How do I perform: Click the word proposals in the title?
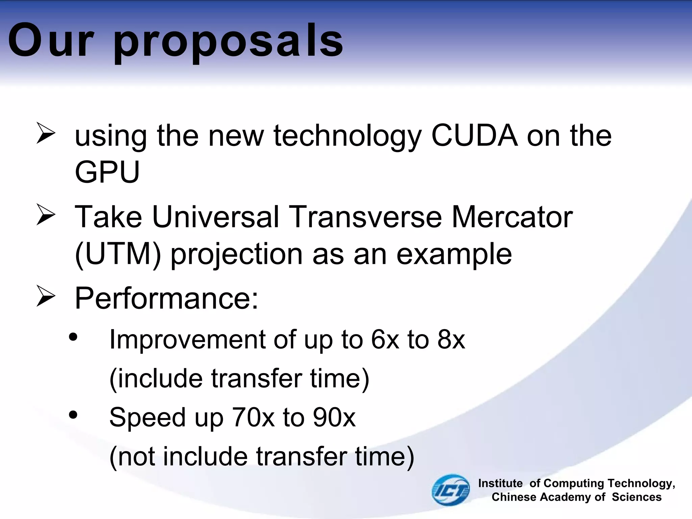click(228, 42)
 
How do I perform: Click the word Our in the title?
click(51, 41)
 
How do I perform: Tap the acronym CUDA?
click(474, 136)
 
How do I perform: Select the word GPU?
click(107, 172)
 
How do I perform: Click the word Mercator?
click(512, 217)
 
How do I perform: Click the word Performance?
click(166, 298)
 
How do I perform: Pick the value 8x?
click(451, 339)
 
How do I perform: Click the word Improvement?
click(187, 340)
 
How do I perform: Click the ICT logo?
click(451, 490)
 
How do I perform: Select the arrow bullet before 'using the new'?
click(46, 133)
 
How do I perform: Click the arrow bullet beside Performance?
click(46, 296)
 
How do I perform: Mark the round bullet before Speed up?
click(73, 415)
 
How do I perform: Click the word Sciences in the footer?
click(637, 497)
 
